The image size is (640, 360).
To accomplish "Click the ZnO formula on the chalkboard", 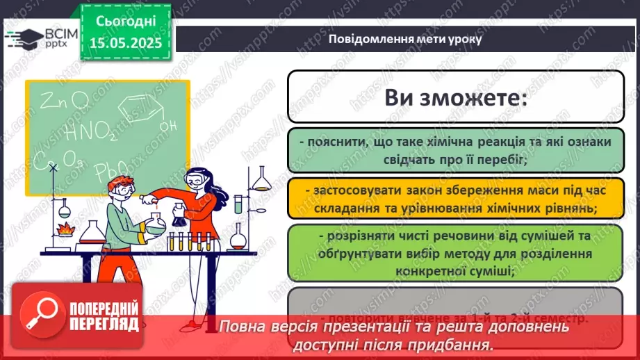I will click(x=64, y=102).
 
